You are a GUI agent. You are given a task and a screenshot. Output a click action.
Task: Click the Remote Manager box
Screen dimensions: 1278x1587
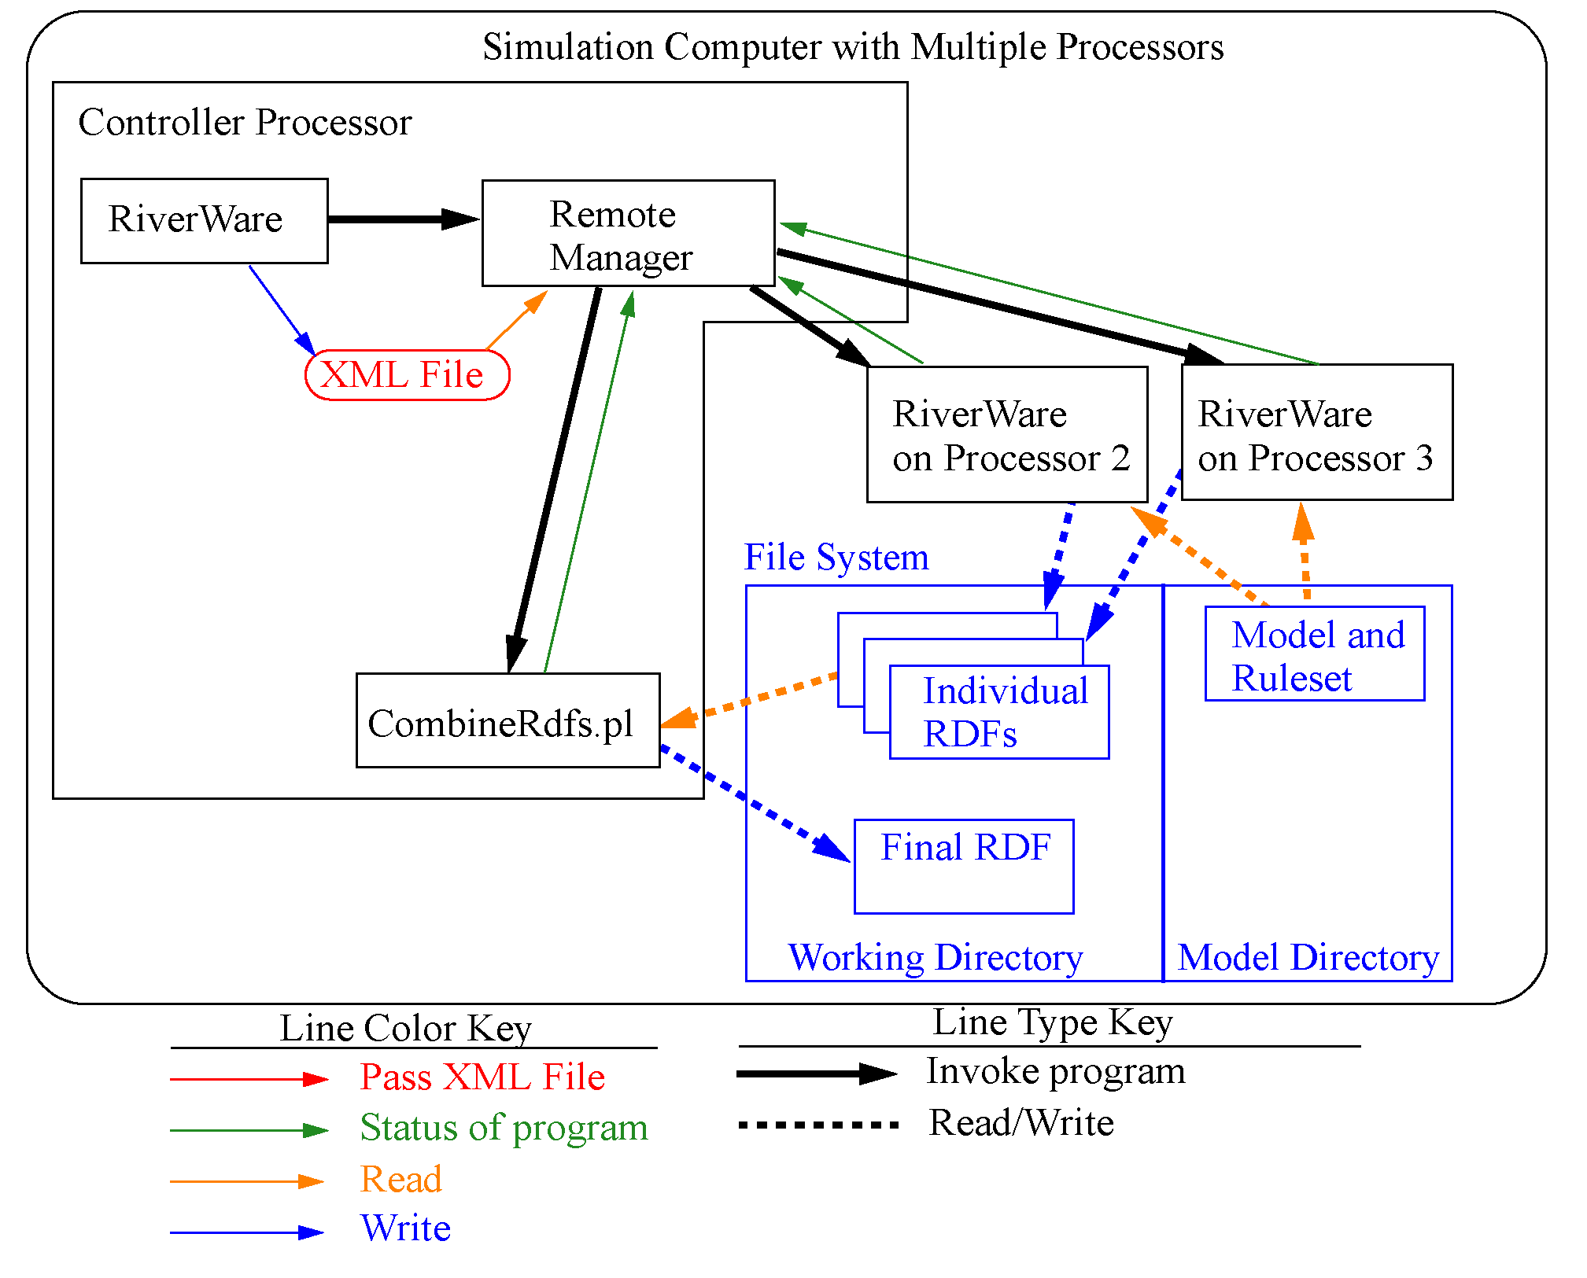click(x=628, y=234)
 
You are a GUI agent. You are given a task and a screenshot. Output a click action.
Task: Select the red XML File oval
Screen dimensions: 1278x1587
click(x=407, y=375)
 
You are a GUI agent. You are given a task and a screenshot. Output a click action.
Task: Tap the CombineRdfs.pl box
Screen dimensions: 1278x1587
click(x=507, y=720)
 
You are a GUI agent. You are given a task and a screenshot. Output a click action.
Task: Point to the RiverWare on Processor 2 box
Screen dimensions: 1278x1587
click(x=1006, y=434)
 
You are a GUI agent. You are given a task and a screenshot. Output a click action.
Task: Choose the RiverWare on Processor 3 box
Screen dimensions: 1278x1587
click(x=1316, y=433)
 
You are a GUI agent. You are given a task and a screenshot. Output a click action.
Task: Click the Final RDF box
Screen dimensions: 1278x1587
click(x=964, y=867)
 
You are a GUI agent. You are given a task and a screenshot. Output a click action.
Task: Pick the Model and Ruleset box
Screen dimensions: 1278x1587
click(x=1315, y=654)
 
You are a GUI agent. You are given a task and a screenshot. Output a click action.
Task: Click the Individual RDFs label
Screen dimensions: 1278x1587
click(x=1004, y=712)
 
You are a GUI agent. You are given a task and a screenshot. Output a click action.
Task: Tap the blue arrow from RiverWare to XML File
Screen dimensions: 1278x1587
click(x=282, y=309)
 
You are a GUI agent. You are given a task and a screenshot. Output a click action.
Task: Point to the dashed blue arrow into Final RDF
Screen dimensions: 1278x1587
click(x=755, y=804)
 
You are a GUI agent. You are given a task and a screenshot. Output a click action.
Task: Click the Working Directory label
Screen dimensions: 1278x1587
click(x=936, y=958)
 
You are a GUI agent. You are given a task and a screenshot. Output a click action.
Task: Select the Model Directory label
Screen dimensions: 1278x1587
click(x=1308, y=958)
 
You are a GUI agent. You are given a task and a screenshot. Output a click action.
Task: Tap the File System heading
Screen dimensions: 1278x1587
click(x=836, y=558)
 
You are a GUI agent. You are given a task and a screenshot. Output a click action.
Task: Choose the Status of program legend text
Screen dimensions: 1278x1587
click(x=504, y=1128)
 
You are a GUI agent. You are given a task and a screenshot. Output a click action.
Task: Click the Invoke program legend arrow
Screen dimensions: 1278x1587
click(x=816, y=1074)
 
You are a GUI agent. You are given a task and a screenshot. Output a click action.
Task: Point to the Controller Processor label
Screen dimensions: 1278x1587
click(x=245, y=123)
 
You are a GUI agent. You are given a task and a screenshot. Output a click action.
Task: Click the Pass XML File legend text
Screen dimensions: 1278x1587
click(x=482, y=1077)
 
